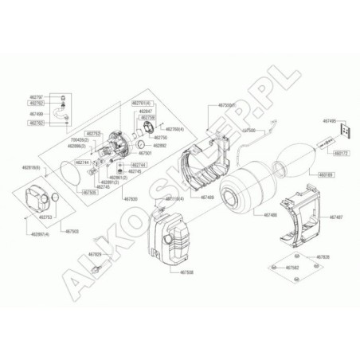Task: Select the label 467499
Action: [59, 114]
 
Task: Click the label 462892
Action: [161, 146]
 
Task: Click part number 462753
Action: [45, 217]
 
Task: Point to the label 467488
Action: [269, 215]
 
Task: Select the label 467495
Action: [330, 121]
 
